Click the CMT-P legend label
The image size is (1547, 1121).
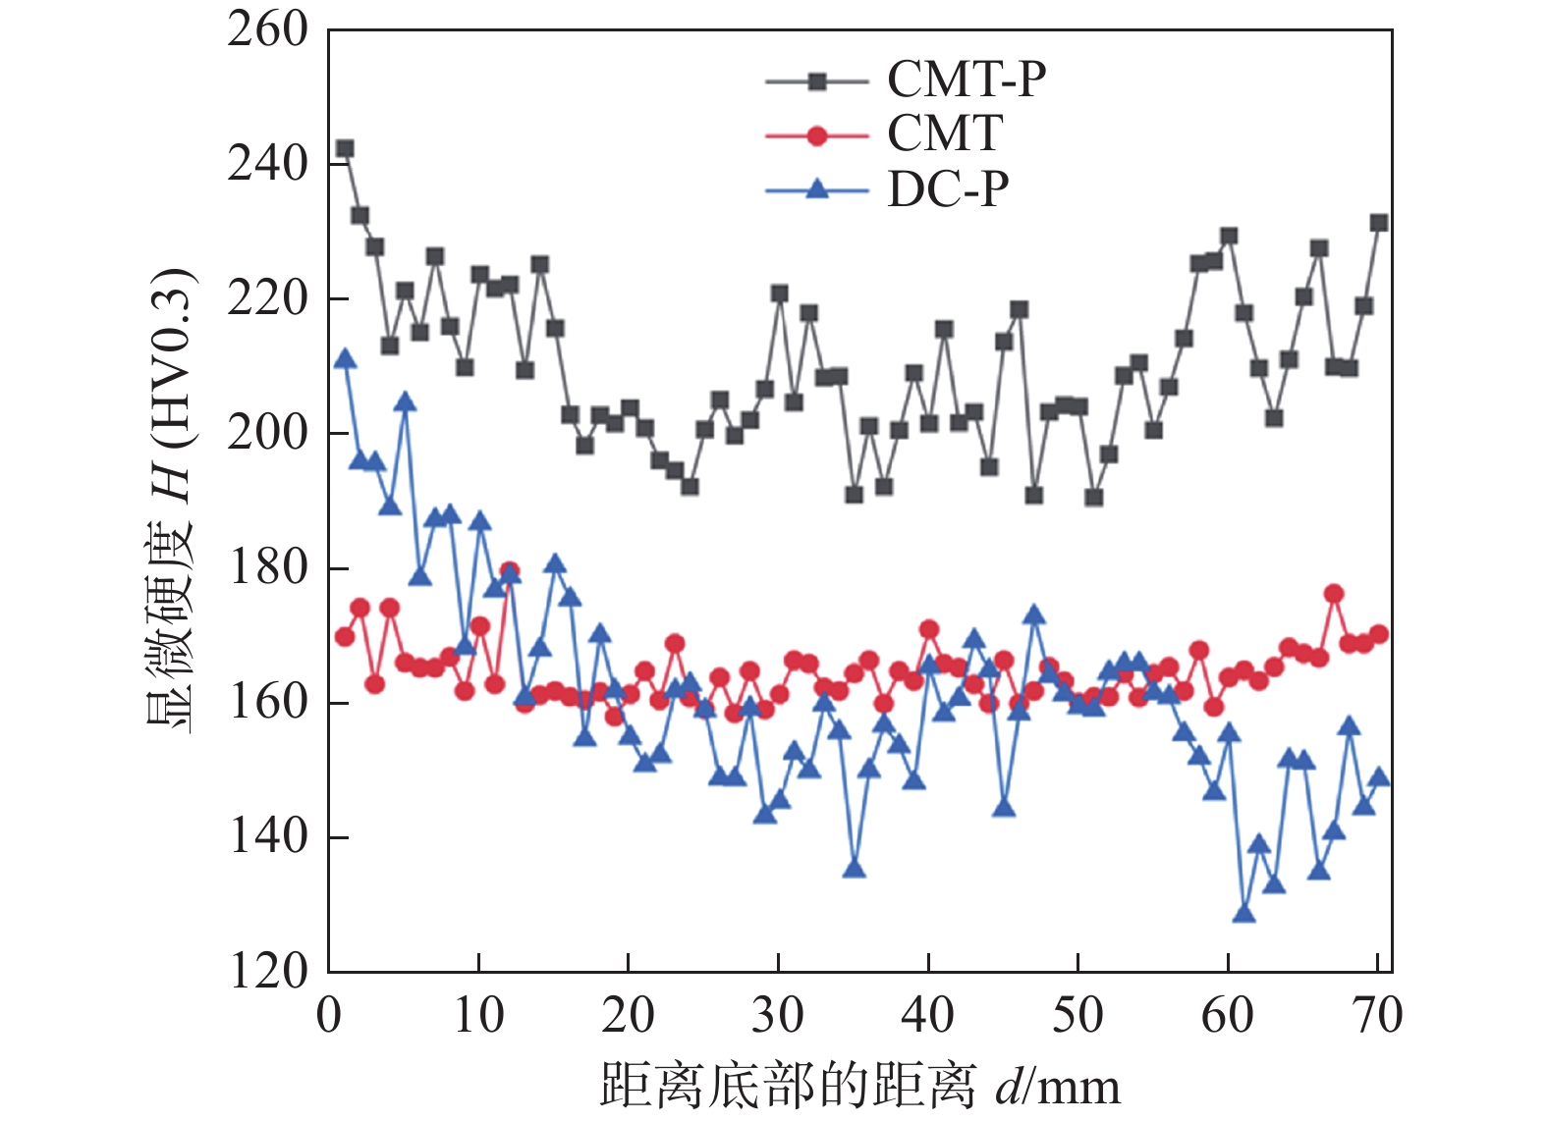(x=967, y=80)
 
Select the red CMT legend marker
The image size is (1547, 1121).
(x=816, y=135)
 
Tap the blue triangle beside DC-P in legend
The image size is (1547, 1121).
(x=816, y=188)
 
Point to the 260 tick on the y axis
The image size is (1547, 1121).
(x=268, y=30)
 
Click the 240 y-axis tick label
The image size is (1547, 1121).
(x=268, y=164)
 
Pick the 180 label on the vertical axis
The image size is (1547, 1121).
(x=268, y=567)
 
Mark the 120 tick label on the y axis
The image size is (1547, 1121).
(x=268, y=971)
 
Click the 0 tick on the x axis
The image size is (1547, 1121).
(x=330, y=1015)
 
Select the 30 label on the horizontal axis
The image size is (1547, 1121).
(x=778, y=1015)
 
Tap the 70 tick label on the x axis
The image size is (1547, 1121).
(x=1377, y=1015)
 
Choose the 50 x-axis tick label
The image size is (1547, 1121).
(x=1077, y=1015)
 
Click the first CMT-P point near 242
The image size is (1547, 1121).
(x=345, y=149)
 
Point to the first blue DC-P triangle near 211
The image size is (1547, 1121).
(x=345, y=359)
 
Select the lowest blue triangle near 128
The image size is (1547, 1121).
(x=1243, y=914)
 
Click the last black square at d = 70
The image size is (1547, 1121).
(x=1379, y=223)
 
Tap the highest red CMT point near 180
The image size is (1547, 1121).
(x=509, y=570)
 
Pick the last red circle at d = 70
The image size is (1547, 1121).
(x=1379, y=634)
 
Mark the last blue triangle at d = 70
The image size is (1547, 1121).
(x=1379, y=778)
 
